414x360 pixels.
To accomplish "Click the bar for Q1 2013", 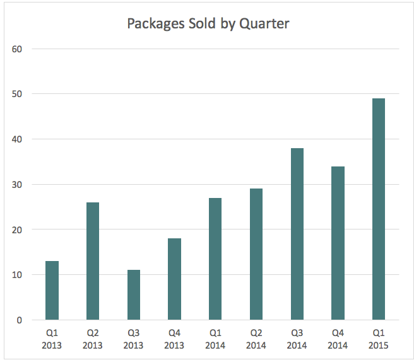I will coord(52,290).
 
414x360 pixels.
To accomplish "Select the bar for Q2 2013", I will coord(93,261).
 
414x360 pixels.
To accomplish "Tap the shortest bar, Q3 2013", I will coord(133,294).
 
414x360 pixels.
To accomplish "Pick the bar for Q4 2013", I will coord(174,279).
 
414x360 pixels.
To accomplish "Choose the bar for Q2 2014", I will coord(256,254).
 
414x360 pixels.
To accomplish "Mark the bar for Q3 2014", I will coord(297,234).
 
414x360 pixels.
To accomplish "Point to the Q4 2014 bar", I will coord(338,243).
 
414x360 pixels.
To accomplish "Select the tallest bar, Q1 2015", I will coord(378,209).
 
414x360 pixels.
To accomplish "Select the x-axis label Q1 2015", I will coord(379,339).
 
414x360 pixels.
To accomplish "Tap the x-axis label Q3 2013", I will coord(133,339).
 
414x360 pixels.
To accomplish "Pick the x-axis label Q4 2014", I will coord(338,339).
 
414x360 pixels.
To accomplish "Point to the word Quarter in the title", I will coord(266,25).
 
